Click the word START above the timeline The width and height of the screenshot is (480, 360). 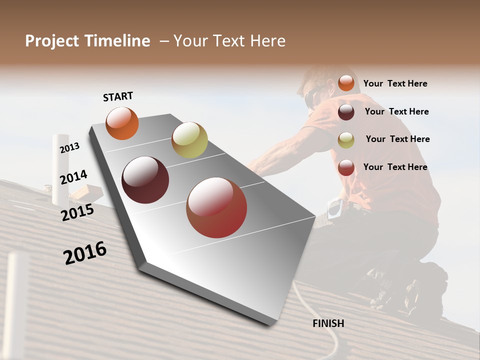[x=118, y=96]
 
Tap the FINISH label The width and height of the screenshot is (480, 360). [x=328, y=323]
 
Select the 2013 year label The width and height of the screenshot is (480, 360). [x=69, y=148]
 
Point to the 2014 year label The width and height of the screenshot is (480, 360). [x=73, y=177]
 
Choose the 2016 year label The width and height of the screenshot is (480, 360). [x=84, y=253]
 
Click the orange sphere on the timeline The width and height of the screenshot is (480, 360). [x=122, y=123]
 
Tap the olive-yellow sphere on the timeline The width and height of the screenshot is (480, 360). [x=189, y=140]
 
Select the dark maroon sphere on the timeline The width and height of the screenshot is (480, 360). [x=145, y=180]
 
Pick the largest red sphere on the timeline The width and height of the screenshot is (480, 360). [x=216, y=207]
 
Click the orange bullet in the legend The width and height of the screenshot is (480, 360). [x=346, y=83]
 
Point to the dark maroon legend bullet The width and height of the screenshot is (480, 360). [x=346, y=112]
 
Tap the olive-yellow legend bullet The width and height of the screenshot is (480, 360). [x=346, y=140]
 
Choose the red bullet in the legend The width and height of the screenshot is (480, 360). [x=346, y=167]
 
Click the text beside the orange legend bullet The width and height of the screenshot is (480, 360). [x=395, y=83]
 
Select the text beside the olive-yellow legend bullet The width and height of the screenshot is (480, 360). [x=397, y=139]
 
